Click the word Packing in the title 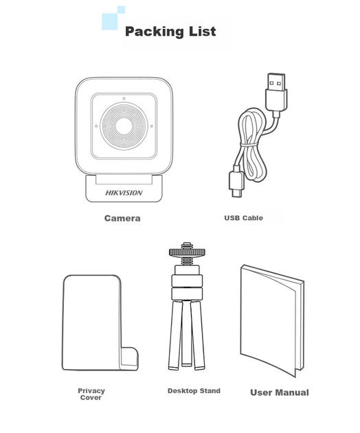[x=155, y=32]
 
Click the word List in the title [x=203, y=31]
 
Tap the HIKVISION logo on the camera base [x=124, y=192]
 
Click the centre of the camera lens [x=124, y=126]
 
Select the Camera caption [x=122, y=219]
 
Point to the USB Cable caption [x=243, y=218]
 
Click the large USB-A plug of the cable [x=276, y=91]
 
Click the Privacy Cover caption [x=91, y=395]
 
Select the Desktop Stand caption [x=194, y=391]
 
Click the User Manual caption [x=280, y=392]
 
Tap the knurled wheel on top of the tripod [x=187, y=252]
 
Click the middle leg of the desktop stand [x=187, y=333]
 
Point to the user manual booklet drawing [x=272, y=320]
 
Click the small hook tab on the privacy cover [x=129, y=359]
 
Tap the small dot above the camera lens [x=124, y=98]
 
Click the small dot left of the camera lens [x=96, y=126]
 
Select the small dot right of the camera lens [x=152, y=126]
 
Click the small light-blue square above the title [x=121, y=10]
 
